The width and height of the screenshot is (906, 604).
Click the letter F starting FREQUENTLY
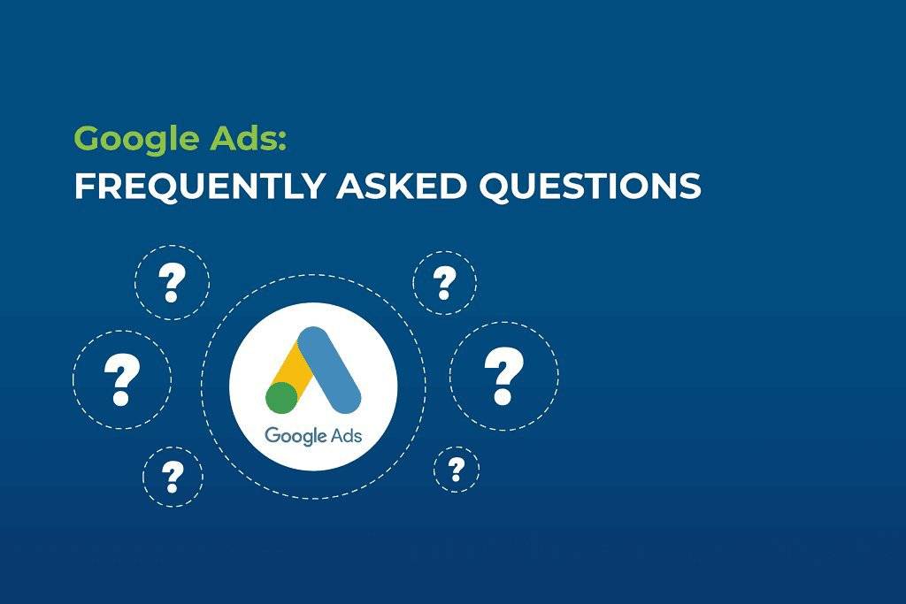[x=82, y=187]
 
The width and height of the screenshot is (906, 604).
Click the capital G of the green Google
[x=88, y=139]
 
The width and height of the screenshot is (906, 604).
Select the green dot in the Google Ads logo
[x=281, y=397]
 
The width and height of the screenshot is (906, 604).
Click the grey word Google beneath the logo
[x=293, y=435]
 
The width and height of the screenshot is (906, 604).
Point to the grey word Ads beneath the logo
[x=342, y=434]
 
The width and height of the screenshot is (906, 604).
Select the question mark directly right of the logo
[x=503, y=376]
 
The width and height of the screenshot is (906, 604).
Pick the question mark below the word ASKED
[x=444, y=283]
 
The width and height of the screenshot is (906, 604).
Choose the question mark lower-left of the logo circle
[x=173, y=477]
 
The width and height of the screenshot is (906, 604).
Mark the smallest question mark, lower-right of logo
[x=457, y=469]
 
